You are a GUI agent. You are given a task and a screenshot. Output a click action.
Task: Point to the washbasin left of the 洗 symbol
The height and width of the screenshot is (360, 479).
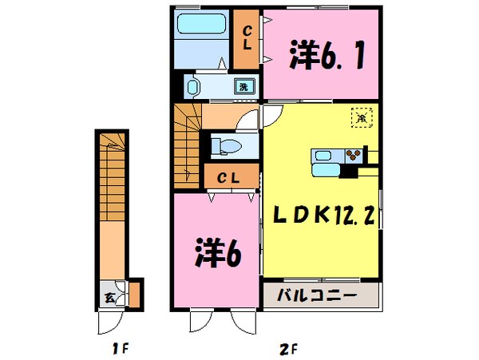[192, 86]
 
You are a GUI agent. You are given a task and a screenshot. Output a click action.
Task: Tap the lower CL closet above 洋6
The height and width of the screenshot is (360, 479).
[232, 177]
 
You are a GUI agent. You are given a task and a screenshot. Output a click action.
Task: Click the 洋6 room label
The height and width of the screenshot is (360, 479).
[216, 254]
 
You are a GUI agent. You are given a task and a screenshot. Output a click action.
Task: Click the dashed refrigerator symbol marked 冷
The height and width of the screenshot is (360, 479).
[361, 117]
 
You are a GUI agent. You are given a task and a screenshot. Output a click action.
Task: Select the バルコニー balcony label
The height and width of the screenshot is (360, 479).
[316, 296]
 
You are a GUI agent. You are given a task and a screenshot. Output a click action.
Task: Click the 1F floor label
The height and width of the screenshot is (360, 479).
[118, 348]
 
